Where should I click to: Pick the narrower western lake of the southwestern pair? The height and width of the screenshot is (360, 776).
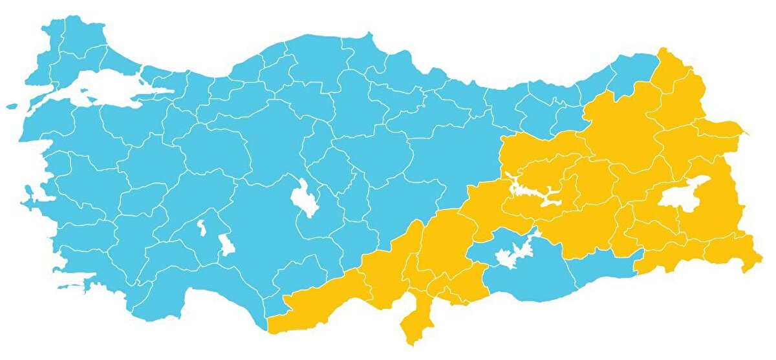coord(202,228)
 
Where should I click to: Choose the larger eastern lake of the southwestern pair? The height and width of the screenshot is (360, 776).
coord(226,244)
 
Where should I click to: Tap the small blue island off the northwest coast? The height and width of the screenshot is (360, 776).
coord(12,106)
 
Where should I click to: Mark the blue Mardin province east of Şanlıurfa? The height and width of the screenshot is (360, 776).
coord(601,265)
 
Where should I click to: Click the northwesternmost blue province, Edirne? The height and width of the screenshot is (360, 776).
coord(52,45)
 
